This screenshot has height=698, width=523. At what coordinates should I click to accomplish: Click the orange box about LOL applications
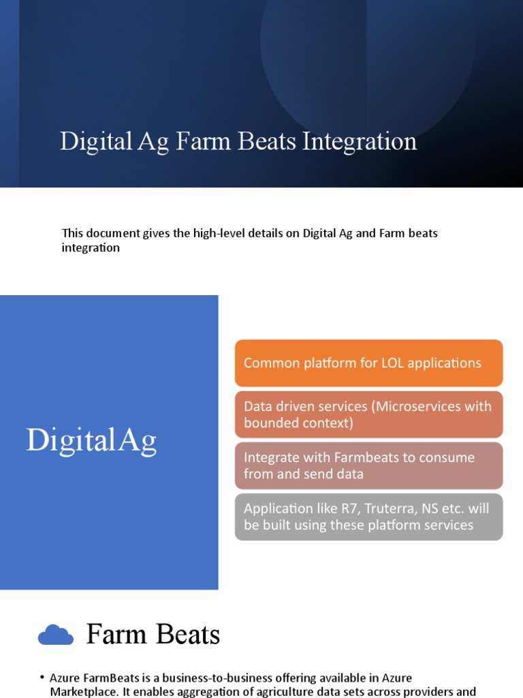pyautogui.click(x=368, y=363)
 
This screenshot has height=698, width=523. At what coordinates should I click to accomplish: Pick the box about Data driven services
pyautogui.click(x=368, y=414)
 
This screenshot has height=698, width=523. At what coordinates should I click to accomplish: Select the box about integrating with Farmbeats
pyautogui.click(x=368, y=466)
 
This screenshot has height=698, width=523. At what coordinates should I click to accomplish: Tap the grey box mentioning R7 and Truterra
pyautogui.click(x=368, y=517)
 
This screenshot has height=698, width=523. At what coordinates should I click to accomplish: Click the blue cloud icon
pyautogui.click(x=56, y=635)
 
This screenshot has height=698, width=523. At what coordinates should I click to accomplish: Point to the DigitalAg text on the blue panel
pyautogui.click(x=91, y=440)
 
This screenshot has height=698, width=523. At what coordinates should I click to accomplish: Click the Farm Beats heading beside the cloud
pyautogui.click(x=153, y=635)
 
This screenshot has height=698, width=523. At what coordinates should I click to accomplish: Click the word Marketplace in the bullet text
pyautogui.click(x=82, y=691)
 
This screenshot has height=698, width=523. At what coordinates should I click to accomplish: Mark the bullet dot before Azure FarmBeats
pyautogui.click(x=42, y=678)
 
